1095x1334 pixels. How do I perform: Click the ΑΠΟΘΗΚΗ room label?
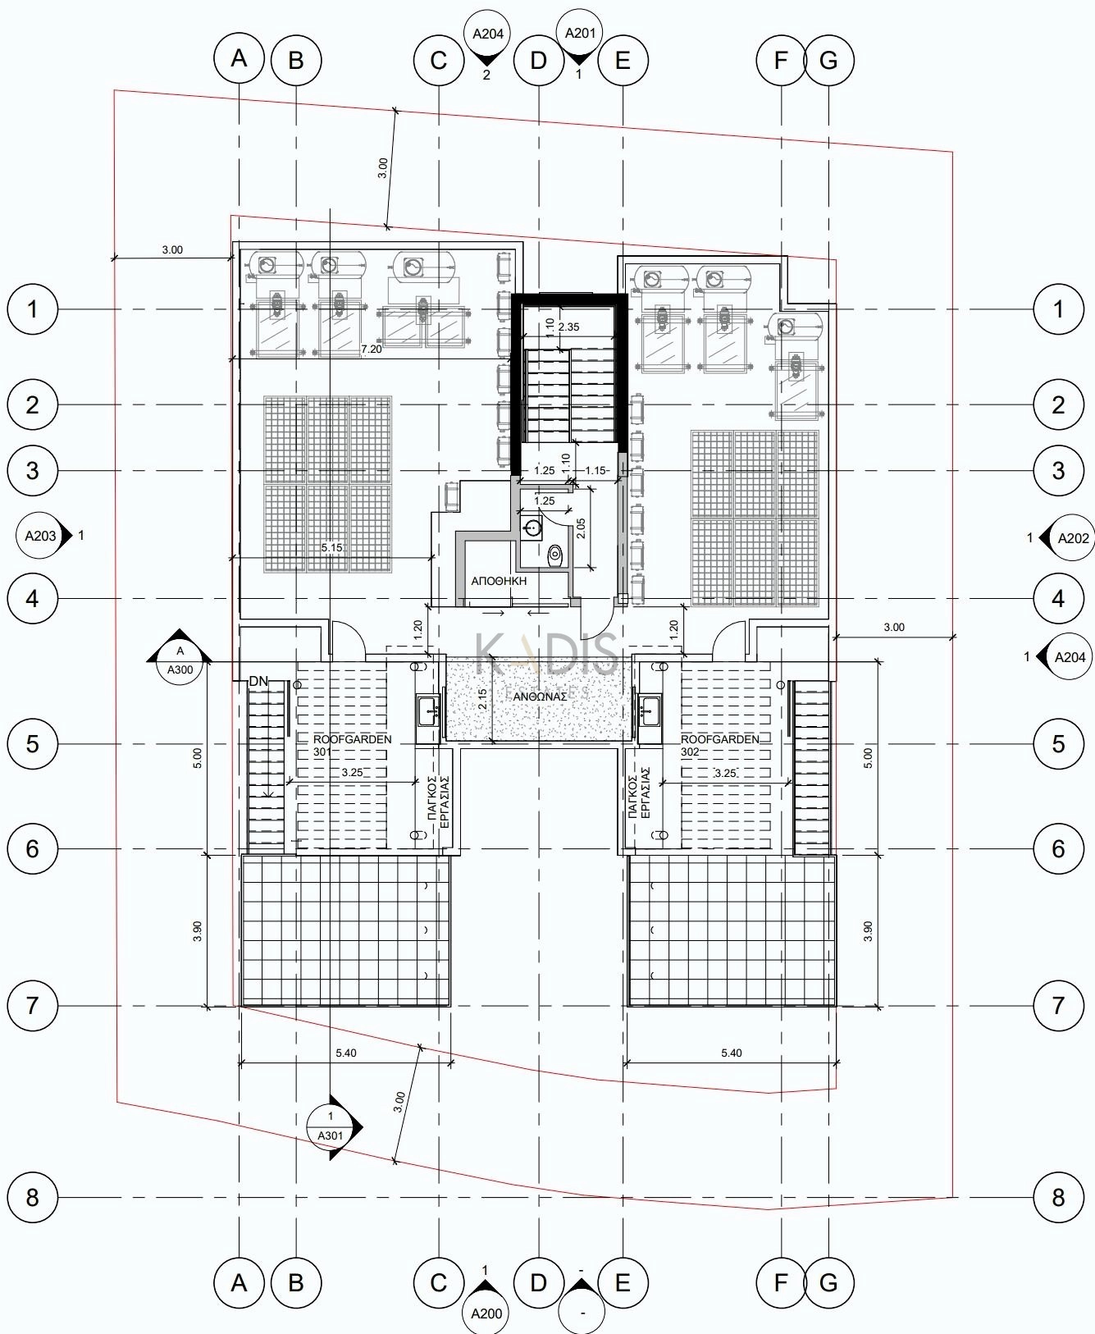[x=499, y=581]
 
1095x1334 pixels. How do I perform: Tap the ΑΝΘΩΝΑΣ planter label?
[x=541, y=697]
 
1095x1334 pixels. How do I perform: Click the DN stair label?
[x=258, y=681]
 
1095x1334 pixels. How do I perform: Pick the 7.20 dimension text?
[x=372, y=349]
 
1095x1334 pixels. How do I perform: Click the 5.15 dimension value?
[x=332, y=547]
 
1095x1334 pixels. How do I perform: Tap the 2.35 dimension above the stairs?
[x=568, y=327]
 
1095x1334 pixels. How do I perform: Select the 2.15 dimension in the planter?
[x=482, y=698]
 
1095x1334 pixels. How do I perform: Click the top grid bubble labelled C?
[x=439, y=60]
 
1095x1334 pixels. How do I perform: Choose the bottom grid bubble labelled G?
[x=828, y=1282]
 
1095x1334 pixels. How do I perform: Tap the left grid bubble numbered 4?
[x=33, y=598]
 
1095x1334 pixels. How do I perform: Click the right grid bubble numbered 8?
[x=1058, y=1198]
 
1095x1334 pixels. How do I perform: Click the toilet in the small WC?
[x=555, y=555]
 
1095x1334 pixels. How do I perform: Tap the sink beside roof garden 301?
[x=427, y=710]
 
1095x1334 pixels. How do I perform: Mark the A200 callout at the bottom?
[x=486, y=1311]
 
